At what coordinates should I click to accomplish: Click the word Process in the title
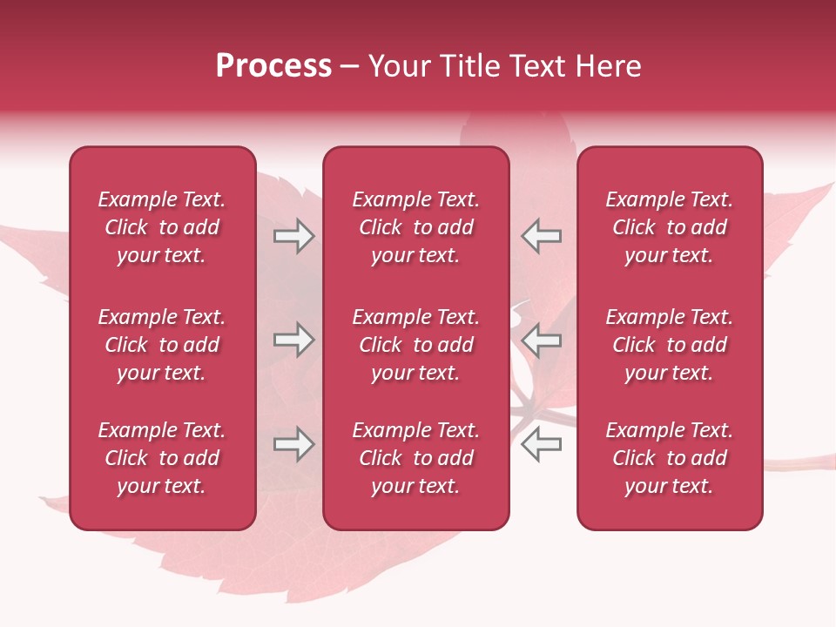[x=273, y=66]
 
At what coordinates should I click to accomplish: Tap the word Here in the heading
[x=608, y=66]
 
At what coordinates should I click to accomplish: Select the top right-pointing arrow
[x=294, y=236]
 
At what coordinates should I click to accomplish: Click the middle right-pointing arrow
[x=294, y=340]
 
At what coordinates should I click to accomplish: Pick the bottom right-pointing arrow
[x=294, y=444]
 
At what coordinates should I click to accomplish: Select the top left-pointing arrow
[x=541, y=236]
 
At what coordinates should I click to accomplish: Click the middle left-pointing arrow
[x=541, y=340]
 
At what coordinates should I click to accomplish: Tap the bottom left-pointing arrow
[x=541, y=444]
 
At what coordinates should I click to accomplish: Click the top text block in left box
[x=162, y=227]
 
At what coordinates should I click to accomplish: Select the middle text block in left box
[x=162, y=345]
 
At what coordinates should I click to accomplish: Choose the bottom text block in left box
[x=162, y=458]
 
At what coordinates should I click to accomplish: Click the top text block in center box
[x=416, y=227]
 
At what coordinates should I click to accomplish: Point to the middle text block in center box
[x=416, y=345]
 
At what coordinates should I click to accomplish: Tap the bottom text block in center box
[x=416, y=458]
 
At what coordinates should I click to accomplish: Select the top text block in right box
[x=670, y=227]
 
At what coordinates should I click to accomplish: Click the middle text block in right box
[x=670, y=345]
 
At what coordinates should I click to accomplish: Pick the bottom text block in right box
[x=670, y=458]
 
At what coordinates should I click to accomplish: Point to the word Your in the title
[x=400, y=66]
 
